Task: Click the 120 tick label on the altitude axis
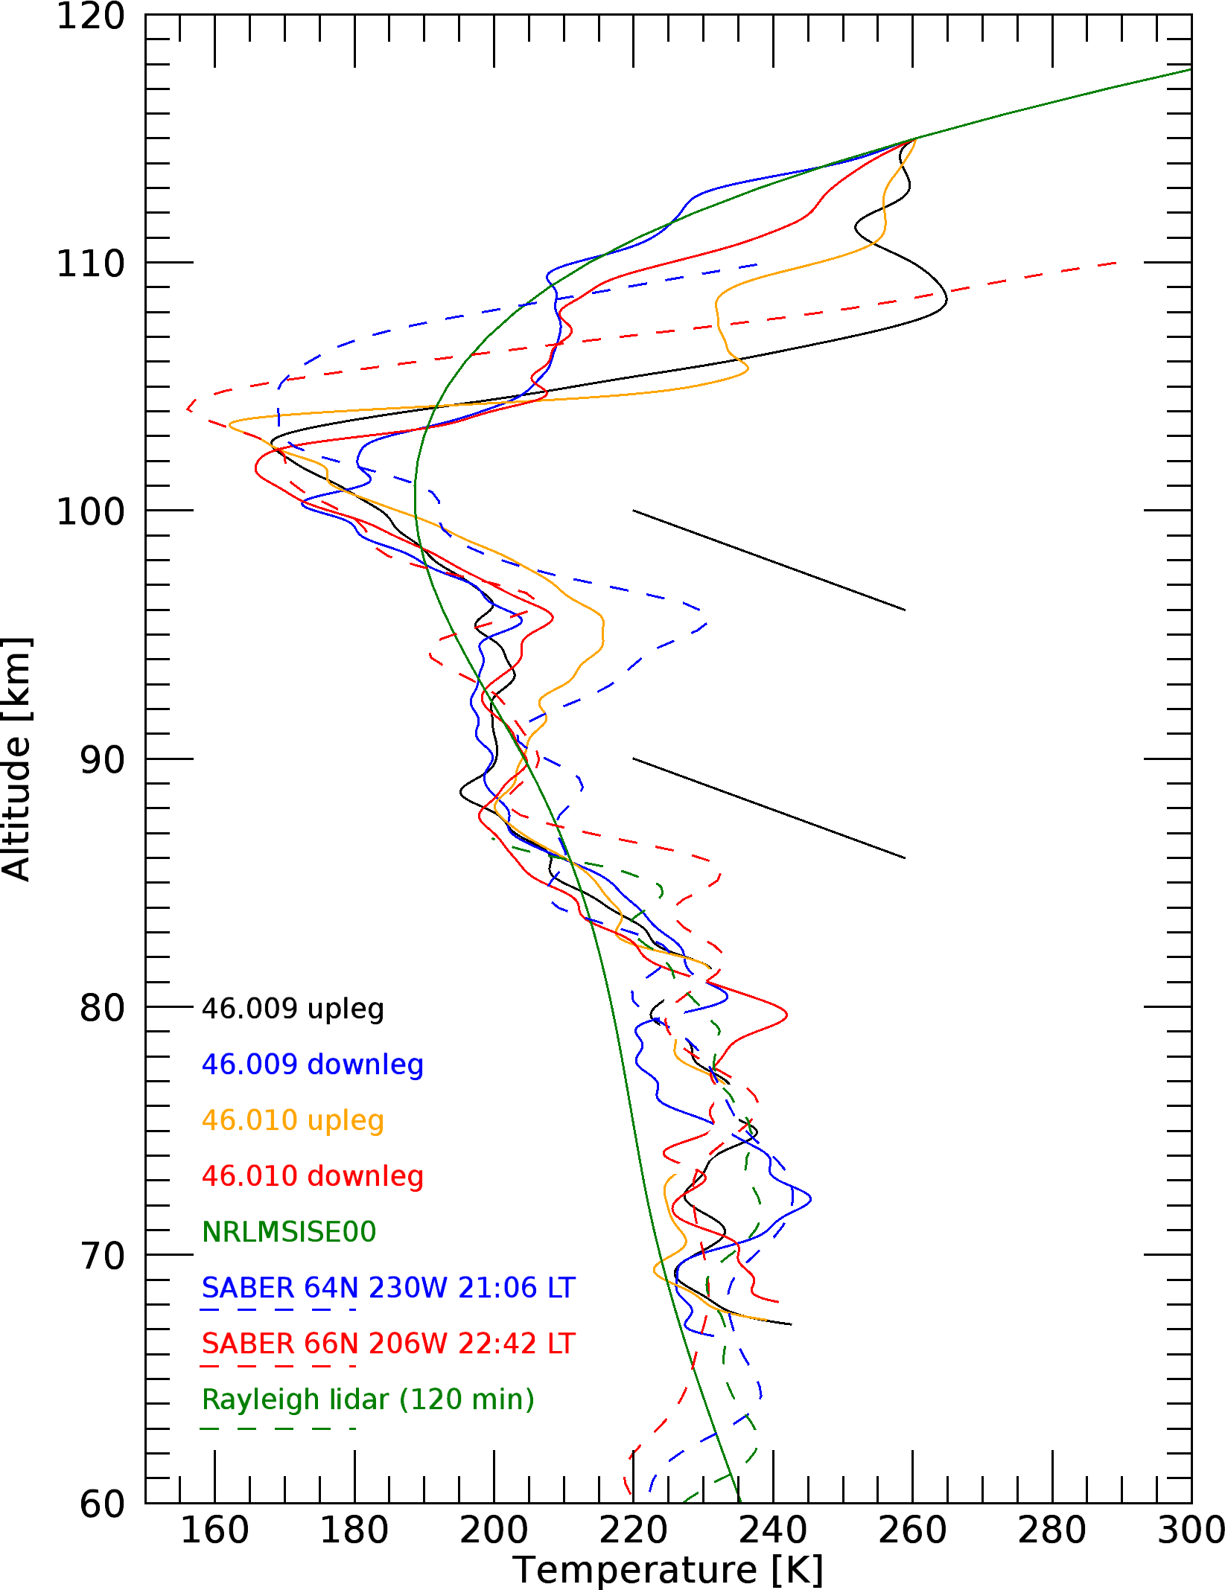coord(91,16)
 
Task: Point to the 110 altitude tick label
coord(91,264)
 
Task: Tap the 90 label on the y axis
coord(102,760)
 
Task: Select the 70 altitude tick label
coord(102,1256)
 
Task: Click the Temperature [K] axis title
coord(668,1571)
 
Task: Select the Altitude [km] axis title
coord(16,759)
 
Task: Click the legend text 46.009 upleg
coord(293,1009)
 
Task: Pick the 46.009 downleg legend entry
coord(313,1064)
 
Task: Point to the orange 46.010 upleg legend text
coord(293,1120)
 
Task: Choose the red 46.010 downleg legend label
coord(313,1176)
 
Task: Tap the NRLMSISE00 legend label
coord(289,1232)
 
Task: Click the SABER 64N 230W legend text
coord(388,1288)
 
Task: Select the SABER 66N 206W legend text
coord(388,1344)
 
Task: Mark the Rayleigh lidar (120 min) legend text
coord(368,1399)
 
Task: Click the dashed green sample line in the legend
coord(278,1428)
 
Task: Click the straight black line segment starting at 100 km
coord(769,561)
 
